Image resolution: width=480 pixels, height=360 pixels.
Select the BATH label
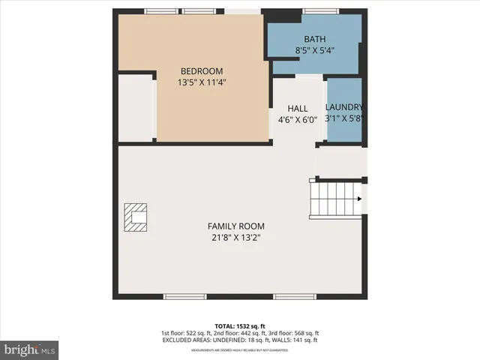[x=314, y=39]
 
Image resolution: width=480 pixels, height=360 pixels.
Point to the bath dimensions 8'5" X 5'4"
[x=314, y=51]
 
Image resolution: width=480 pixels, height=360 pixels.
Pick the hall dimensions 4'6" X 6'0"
[x=298, y=119]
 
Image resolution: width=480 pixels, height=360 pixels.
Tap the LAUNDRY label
[x=344, y=107]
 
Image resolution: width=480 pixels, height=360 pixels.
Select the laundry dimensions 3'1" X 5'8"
[x=344, y=118]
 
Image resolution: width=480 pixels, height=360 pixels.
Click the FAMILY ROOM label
[x=235, y=226]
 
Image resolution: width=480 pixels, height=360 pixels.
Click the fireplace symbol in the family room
[x=136, y=218]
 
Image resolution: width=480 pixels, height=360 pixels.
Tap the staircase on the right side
[x=335, y=199]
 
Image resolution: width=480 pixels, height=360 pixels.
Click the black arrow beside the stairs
[x=361, y=199]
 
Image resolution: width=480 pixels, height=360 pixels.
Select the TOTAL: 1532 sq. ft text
[x=240, y=325]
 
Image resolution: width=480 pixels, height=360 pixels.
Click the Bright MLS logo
[x=30, y=349]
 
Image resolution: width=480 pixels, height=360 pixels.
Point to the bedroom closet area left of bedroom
[x=136, y=107]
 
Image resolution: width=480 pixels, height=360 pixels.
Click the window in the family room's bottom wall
[x=185, y=297]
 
